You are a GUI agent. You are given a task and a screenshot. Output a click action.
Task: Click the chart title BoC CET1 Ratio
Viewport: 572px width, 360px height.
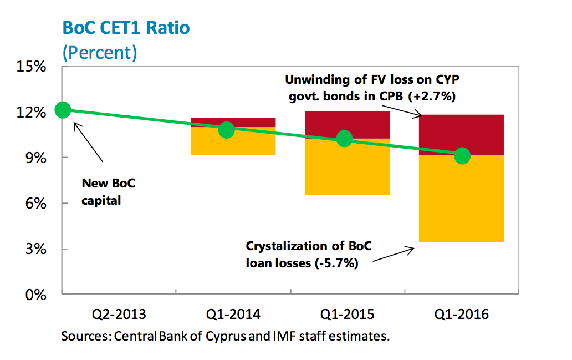(x=126, y=28)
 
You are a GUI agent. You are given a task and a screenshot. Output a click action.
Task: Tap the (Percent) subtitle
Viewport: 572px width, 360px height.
(x=99, y=53)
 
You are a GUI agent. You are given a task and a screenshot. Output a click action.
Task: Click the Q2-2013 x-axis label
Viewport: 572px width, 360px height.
(x=119, y=315)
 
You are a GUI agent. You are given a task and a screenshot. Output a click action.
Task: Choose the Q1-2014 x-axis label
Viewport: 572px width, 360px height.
(x=233, y=315)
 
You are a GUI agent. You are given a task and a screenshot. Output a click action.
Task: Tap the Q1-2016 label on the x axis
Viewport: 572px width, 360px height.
(x=462, y=315)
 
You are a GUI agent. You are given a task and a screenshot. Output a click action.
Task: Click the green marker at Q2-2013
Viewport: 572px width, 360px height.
(x=63, y=110)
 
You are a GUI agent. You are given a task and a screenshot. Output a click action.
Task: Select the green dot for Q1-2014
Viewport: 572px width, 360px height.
(x=227, y=130)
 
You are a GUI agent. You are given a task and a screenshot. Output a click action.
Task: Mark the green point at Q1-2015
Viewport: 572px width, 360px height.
(x=345, y=139)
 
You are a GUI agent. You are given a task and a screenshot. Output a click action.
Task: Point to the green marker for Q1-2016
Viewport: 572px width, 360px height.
(x=462, y=156)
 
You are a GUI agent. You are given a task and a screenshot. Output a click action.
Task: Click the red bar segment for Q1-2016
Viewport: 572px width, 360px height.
(x=461, y=133)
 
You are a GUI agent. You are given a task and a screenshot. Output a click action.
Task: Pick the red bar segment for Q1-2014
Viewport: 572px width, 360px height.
(x=233, y=121)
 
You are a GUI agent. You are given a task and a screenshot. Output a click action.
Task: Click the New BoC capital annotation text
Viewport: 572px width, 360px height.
(x=108, y=192)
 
